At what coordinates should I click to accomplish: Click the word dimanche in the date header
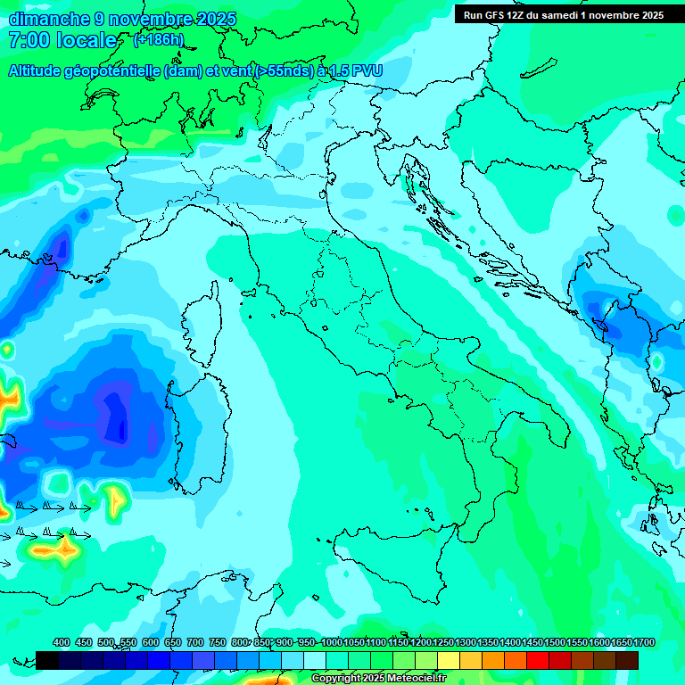(x=47, y=20)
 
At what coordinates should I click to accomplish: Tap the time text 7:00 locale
(x=62, y=41)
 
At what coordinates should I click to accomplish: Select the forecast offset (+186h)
(x=159, y=40)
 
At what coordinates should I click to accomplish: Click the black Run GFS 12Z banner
(x=564, y=15)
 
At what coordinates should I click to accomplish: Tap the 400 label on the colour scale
(x=62, y=643)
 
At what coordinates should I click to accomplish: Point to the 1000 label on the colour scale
(x=331, y=643)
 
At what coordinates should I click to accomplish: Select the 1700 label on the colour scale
(x=622, y=643)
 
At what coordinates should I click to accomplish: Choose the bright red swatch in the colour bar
(x=538, y=660)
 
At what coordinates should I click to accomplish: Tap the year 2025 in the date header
(x=215, y=20)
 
